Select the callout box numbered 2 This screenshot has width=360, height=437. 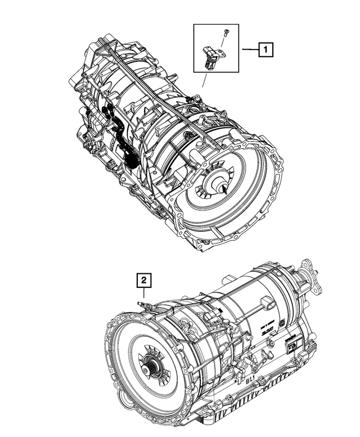click(x=144, y=279)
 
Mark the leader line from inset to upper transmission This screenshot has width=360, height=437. click(x=204, y=81)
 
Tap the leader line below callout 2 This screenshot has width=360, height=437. click(x=144, y=292)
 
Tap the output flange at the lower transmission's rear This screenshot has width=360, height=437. click(x=310, y=276)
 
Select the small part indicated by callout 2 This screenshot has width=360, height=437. click(x=144, y=304)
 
